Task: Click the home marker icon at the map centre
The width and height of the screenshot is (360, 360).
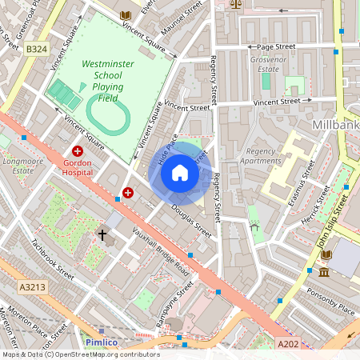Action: coord(180,173)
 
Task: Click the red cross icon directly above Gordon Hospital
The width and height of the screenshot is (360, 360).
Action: coord(78,150)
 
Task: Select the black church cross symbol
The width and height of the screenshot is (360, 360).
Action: coord(102,234)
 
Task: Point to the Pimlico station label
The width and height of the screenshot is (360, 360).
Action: coord(101,342)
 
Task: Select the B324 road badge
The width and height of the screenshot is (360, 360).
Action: coord(36,50)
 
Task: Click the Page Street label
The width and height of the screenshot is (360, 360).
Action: coord(276,47)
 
